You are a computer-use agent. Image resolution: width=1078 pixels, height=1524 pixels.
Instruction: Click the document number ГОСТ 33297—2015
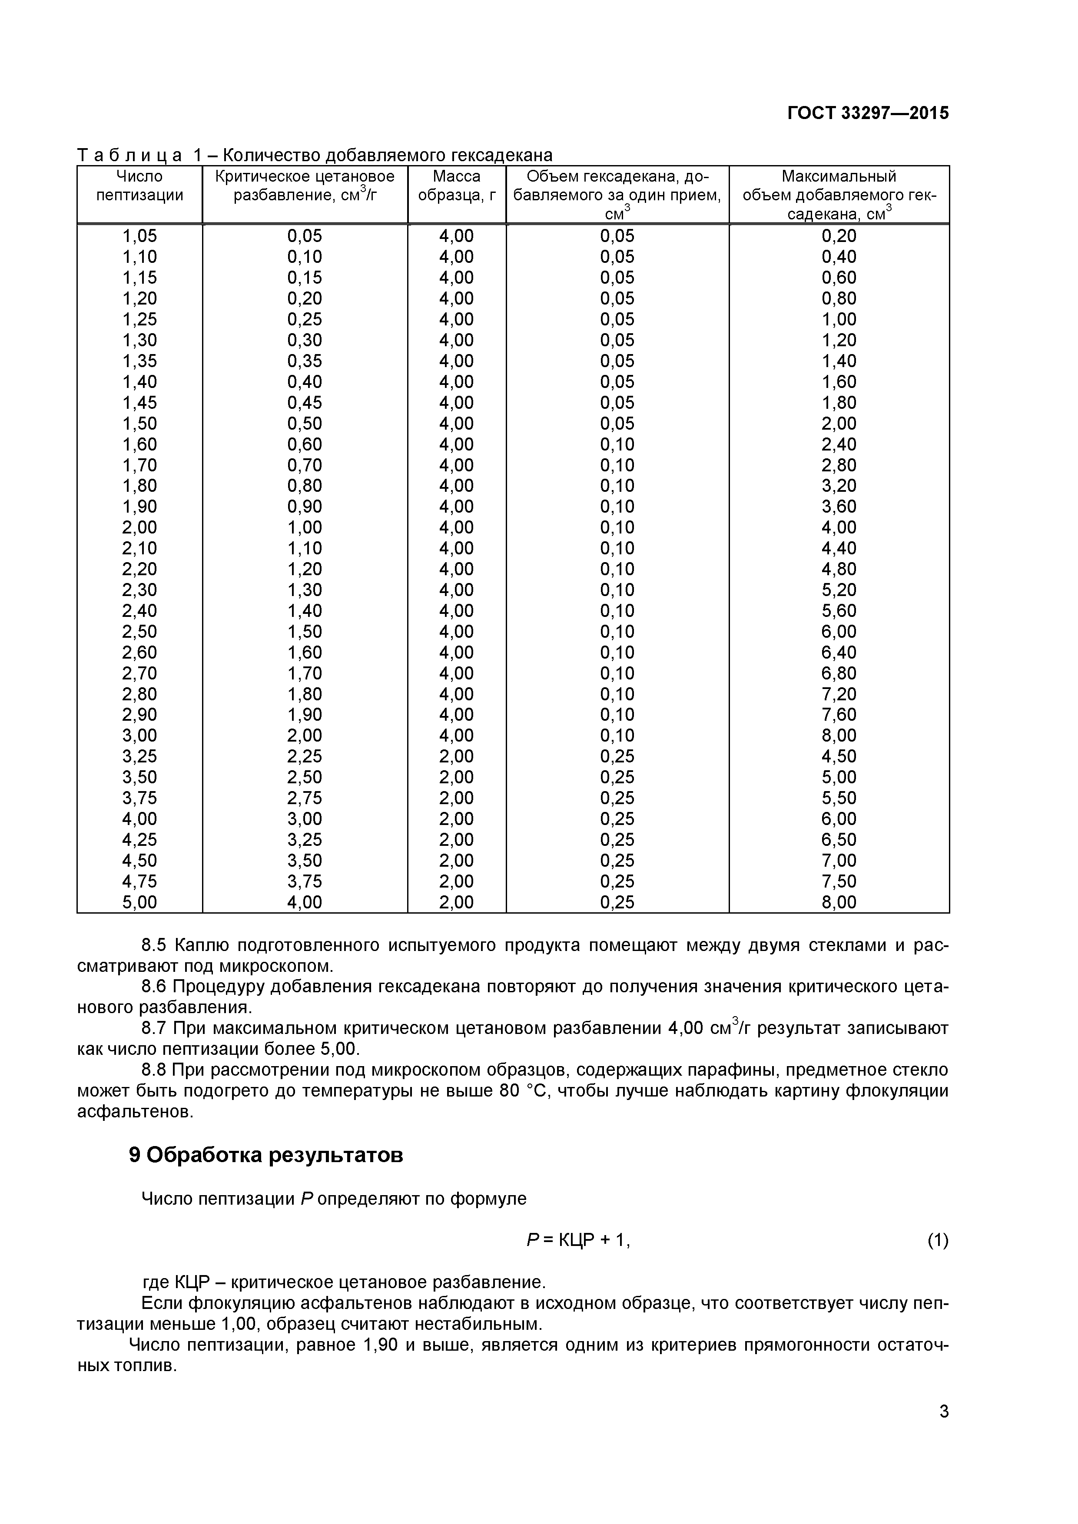[868, 113]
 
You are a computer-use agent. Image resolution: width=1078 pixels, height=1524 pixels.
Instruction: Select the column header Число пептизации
[139, 186]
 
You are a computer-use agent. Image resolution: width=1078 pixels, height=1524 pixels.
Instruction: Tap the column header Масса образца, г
[457, 186]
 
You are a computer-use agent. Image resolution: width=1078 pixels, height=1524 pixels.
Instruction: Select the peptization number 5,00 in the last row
[139, 902]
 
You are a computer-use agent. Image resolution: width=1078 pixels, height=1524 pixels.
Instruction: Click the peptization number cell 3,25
[139, 757]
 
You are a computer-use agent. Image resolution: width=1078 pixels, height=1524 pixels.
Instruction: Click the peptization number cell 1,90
[139, 507]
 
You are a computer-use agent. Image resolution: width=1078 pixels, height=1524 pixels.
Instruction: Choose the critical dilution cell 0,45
[304, 403]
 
